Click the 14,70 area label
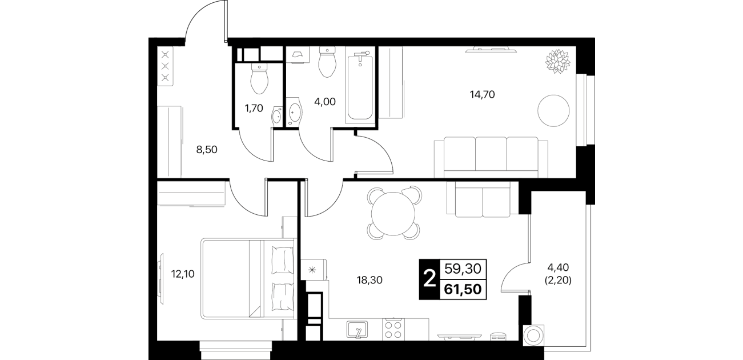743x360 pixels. coord(482,95)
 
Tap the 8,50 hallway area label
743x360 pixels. coord(207,150)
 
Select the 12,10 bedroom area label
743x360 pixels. coord(182,274)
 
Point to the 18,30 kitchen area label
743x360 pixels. coord(370,281)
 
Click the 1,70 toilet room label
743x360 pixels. coord(254,108)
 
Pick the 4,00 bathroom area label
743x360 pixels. coord(325,102)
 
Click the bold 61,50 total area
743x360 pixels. coord(463,289)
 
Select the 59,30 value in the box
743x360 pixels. coord(463,269)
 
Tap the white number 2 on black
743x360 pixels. coord(429,279)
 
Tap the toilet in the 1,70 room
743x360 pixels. coord(259,79)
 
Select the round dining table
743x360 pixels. coord(393,214)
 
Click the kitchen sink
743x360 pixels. coord(357,329)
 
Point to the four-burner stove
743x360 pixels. coord(393,330)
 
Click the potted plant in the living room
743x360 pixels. coord(558,61)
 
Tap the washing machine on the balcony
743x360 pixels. coord(534,336)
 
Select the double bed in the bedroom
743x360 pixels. coord(248,279)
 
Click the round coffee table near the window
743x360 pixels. coord(553,110)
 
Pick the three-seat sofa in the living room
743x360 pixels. coord(491,157)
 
